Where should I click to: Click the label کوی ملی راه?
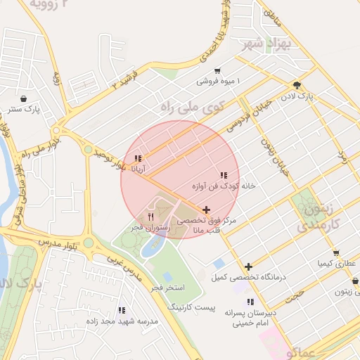click(191, 108)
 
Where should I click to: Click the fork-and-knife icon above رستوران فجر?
click(150, 217)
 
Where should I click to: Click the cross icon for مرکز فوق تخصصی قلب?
click(206, 210)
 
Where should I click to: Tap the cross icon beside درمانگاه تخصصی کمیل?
click(249, 266)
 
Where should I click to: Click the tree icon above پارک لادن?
click(298, 84)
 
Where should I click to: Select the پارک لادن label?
click(297, 94)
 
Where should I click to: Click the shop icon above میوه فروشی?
click(217, 71)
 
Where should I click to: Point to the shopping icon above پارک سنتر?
click(25, 98)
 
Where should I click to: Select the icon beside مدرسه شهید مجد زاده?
click(122, 309)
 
